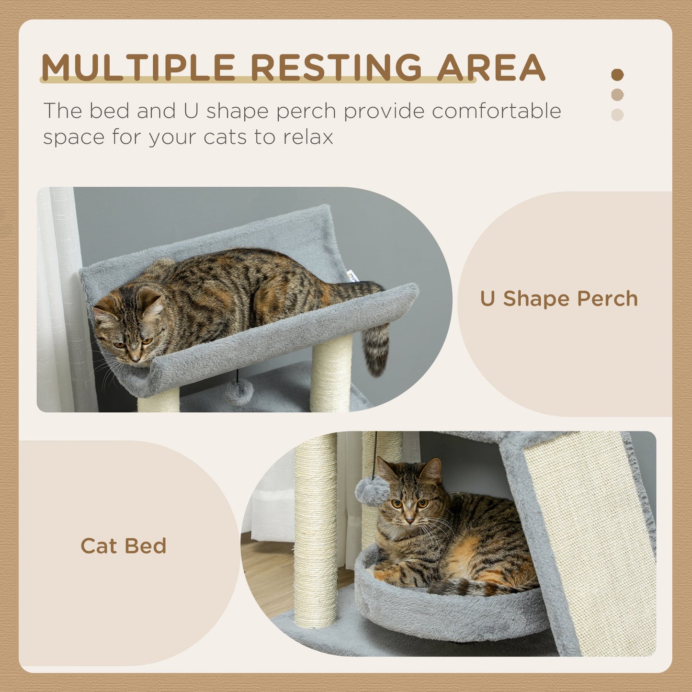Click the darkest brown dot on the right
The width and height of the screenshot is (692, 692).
(x=617, y=75)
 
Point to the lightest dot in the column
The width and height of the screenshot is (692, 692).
(x=617, y=115)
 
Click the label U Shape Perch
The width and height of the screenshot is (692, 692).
(x=559, y=299)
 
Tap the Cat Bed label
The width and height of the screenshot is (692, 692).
(x=124, y=546)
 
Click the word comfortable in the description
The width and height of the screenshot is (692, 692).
(x=496, y=111)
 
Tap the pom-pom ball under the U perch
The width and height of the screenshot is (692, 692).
(x=239, y=391)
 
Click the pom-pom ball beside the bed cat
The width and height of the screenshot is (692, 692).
(x=372, y=491)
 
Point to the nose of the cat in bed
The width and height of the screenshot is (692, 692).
(x=409, y=520)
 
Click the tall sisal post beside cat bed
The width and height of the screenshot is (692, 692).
(x=316, y=527)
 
